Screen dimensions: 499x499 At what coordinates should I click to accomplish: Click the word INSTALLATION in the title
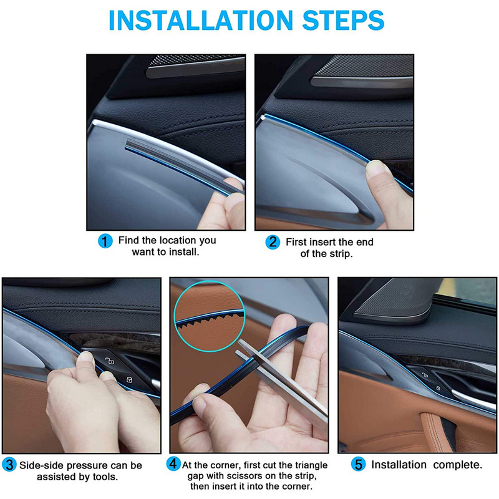pos(200,21)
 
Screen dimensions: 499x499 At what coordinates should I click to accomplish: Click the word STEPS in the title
pos(344,21)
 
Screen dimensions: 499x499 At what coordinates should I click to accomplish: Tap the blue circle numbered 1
pos(105,241)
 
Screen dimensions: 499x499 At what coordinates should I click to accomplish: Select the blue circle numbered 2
pos(273,242)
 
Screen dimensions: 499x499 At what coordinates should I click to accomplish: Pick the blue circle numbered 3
pos(9,465)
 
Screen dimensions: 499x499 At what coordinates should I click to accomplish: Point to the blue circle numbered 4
pos(173,463)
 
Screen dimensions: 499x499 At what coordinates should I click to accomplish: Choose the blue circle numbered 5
pos(358,464)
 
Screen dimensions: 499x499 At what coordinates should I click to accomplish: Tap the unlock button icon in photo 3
pos(110,361)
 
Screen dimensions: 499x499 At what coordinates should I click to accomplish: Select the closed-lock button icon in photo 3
pos(129,379)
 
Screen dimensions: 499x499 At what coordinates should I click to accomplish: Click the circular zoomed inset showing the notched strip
pos(210,316)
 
